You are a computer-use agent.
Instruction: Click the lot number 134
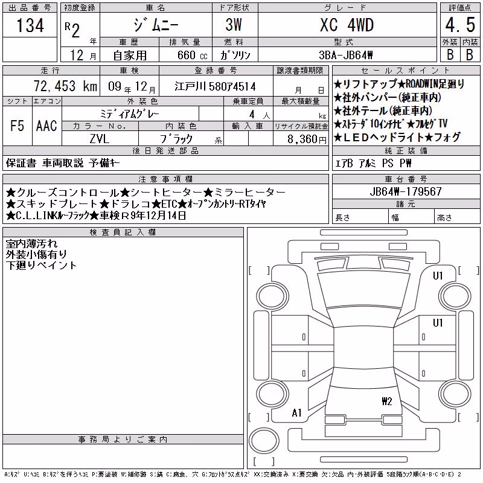(x=30, y=25)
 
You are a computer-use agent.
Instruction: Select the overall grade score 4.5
(x=460, y=25)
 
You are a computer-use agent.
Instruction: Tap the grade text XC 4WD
(x=347, y=25)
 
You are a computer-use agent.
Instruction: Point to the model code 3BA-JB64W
(x=346, y=55)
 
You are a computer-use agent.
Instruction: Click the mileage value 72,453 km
(x=65, y=86)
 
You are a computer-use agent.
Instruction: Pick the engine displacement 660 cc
(x=192, y=55)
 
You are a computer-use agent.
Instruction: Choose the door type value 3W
(x=234, y=25)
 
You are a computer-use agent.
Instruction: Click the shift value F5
(x=18, y=126)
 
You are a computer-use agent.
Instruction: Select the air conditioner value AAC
(x=46, y=126)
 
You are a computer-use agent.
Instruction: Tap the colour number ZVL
(x=100, y=139)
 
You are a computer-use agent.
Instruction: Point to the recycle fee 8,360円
(x=307, y=139)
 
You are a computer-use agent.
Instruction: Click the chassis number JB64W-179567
(x=406, y=191)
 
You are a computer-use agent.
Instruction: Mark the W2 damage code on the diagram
(x=387, y=401)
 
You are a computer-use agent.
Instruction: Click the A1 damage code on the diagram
(x=296, y=413)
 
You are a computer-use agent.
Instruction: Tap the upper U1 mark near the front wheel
(x=438, y=276)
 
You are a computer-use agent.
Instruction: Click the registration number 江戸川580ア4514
(x=215, y=86)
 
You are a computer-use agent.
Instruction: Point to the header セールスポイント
(x=406, y=71)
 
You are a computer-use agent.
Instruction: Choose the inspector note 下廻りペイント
(x=41, y=265)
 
